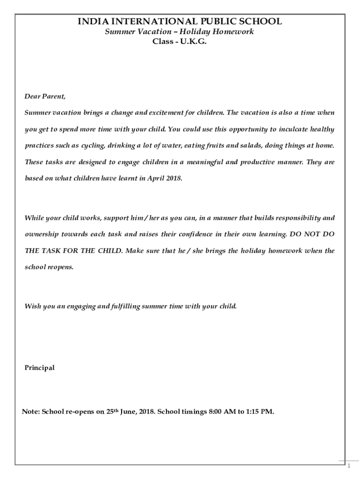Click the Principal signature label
[39, 368]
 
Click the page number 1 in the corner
[348, 466]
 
